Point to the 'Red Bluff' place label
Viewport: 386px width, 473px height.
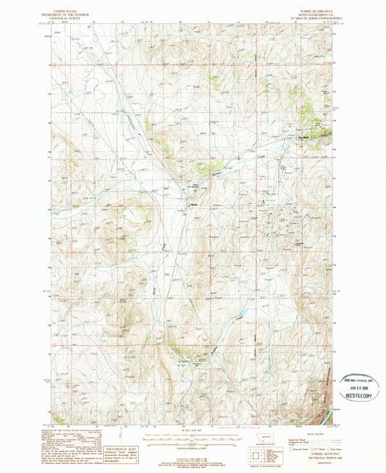[303, 137]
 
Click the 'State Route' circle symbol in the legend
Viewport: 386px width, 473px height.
[329, 449]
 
